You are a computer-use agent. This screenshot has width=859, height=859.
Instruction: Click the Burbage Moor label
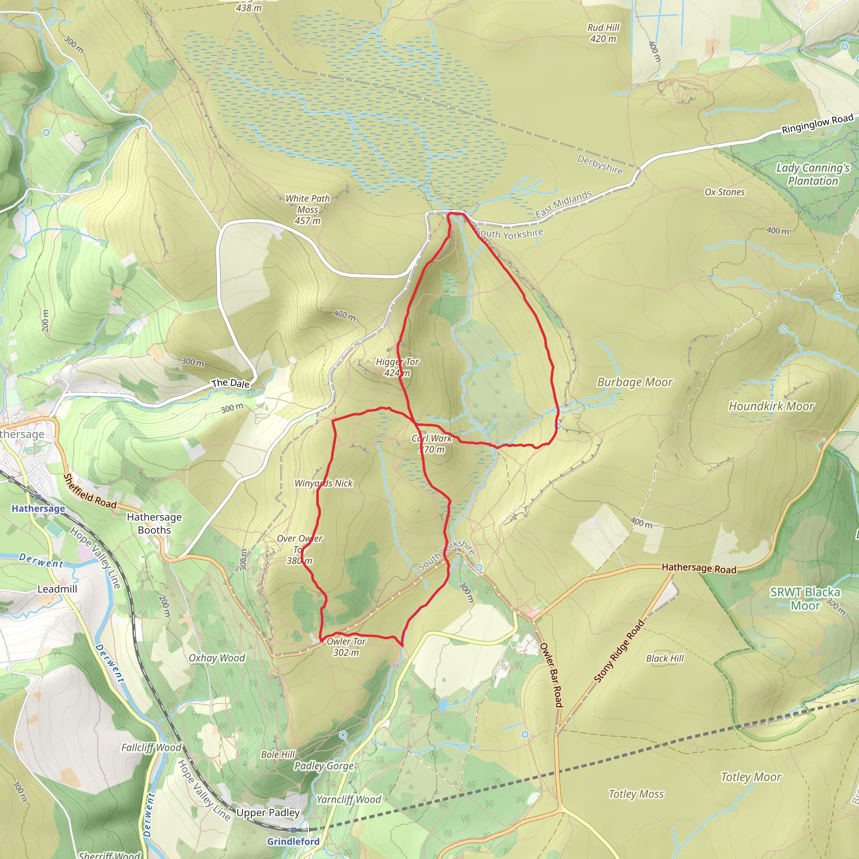[635, 382]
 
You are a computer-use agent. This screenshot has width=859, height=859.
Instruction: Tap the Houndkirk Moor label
[771, 406]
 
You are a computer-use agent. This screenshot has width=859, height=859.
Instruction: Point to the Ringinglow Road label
[817, 124]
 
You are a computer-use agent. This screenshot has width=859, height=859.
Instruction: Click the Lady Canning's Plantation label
[813, 174]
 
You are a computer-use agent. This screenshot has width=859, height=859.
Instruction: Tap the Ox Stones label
[724, 192]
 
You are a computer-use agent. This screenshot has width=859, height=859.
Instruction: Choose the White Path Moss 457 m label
[308, 209]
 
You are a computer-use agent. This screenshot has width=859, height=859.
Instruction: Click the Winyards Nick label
[323, 483]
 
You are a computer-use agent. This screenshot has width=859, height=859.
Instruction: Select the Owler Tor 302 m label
[346, 647]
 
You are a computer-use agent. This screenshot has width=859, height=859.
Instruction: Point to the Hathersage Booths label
[154, 523]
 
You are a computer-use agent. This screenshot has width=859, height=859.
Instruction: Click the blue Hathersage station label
[38, 508]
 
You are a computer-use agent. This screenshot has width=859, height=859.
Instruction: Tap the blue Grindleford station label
[293, 841]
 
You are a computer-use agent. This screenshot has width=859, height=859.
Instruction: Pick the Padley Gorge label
[324, 765]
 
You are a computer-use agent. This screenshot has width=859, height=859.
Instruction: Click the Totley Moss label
[636, 794]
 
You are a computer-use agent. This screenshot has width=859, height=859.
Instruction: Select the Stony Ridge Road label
[620, 651]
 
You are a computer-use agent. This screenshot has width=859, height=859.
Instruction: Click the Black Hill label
[665, 658]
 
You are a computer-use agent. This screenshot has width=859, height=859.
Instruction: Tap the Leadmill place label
[57, 589]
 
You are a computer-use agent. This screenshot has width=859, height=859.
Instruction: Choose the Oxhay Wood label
[216, 658]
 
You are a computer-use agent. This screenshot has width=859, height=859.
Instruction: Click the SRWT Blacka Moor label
[805, 599]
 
